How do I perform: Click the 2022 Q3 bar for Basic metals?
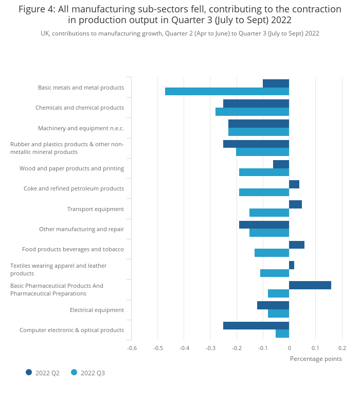click(227, 92)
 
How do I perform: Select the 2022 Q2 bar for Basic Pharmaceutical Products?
click(310, 285)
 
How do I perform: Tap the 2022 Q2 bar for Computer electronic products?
click(256, 325)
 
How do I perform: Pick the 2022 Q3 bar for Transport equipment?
click(269, 213)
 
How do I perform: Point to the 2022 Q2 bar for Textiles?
click(292, 265)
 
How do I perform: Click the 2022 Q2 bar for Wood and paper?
click(281, 164)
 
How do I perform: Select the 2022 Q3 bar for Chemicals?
click(252, 112)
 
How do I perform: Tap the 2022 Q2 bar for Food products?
click(297, 245)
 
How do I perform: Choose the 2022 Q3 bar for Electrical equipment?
click(278, 314)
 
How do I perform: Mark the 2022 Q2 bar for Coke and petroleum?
click(294, 184)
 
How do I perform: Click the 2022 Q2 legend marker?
click(29, 372)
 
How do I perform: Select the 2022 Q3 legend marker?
click(74, 372)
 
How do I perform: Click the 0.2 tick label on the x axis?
click(342, 348)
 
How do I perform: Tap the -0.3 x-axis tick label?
click(210, 348)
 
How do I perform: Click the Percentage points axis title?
click(316, 359)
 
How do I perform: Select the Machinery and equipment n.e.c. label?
click(81, 128)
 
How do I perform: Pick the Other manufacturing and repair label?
click(81, 229)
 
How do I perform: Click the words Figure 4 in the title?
click(37, 9)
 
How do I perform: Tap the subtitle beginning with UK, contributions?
click(180, 33)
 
